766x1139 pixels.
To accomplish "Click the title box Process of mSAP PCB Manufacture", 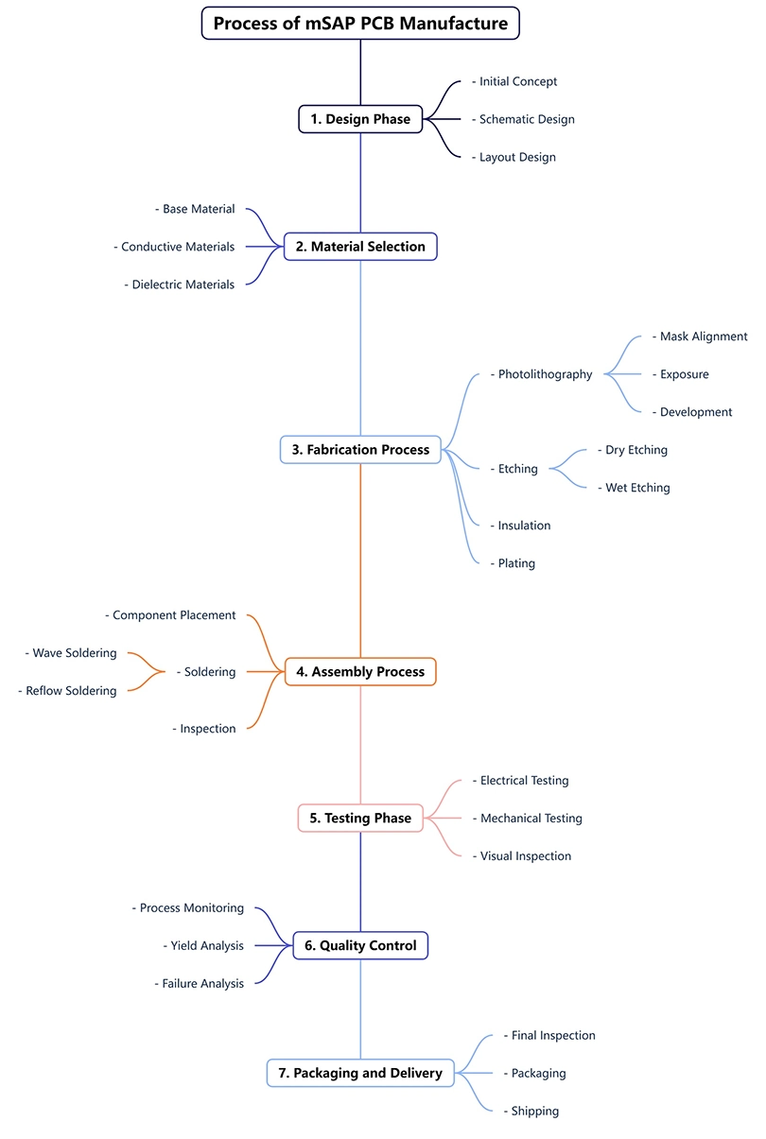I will [360, 23].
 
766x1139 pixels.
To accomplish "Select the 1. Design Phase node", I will [360, 119].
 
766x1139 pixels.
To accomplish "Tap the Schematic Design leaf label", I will [526, 119].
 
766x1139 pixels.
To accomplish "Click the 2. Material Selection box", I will [360, 247].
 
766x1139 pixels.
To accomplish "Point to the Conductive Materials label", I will [177, 247].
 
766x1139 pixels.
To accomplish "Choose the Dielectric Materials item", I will [183, 285].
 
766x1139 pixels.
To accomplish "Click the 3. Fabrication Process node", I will [360, 450].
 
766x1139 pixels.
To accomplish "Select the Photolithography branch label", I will [545, 374].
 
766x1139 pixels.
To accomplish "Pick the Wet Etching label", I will [637, 488].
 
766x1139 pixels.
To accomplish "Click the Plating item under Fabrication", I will [516, 563].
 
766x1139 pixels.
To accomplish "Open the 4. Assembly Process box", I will [360, 672].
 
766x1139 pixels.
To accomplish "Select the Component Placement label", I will [174, 615].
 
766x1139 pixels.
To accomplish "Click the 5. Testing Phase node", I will [360, 819].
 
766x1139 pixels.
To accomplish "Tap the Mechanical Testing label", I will [531, 819].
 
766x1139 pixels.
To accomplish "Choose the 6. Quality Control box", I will [360, 945].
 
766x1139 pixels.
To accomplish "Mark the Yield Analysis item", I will [206, 945].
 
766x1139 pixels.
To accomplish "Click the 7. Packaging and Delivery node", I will [360, 1073].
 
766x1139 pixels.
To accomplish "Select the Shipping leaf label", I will [534, 1111].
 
